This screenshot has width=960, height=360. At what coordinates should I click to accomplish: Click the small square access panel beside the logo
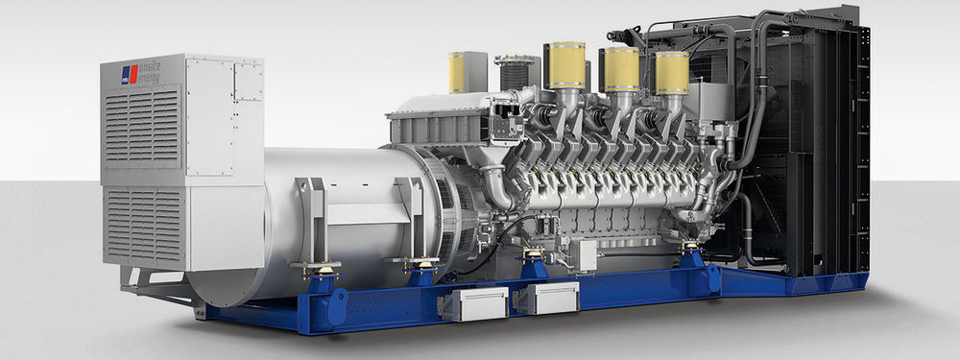(248, 83)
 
